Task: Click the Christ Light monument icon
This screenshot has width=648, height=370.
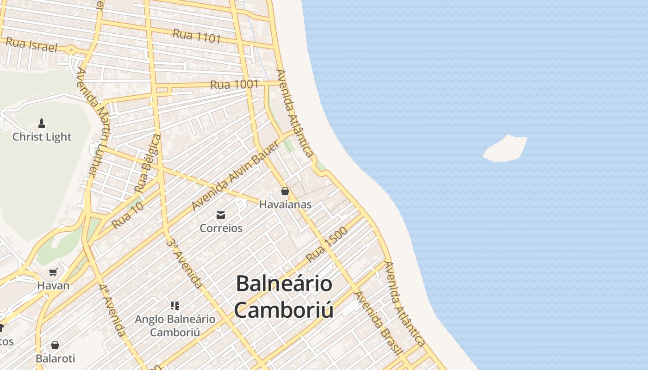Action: click(42, 123)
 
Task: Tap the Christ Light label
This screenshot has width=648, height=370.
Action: click(42, 137)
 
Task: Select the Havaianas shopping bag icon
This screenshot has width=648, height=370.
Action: click(285, 191)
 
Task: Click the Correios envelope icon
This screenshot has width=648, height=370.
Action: click(221, 215)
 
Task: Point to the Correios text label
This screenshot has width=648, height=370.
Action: click(221, 228)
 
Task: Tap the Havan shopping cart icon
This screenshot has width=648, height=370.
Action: click(53, 272)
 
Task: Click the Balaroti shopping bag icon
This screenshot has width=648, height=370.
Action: click(55, 345)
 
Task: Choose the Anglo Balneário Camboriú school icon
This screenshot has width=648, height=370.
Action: click(175, 305)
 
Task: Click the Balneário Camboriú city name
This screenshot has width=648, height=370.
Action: click(284, 296)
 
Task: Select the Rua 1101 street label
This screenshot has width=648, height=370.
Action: click(197, 36)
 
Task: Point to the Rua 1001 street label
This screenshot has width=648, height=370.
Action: click(234, 85)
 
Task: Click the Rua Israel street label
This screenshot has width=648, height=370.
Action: click(32, 45)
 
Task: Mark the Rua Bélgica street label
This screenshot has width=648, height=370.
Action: click(147, 163)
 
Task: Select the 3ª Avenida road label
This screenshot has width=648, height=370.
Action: click(184, 263)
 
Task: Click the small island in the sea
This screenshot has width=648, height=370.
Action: click(505, 148)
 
